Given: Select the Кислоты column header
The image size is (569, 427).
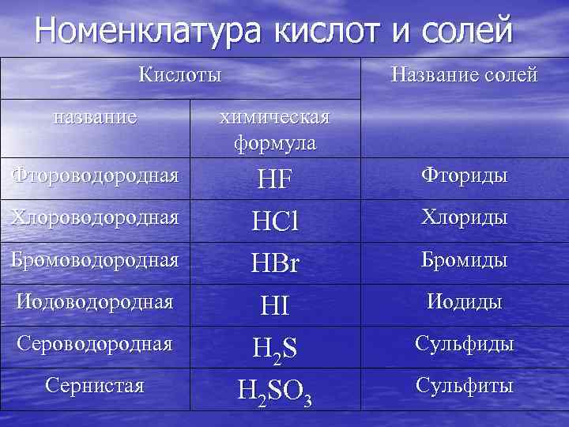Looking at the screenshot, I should (x=179, y=76).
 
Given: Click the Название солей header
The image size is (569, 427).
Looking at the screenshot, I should (x=465, y=76).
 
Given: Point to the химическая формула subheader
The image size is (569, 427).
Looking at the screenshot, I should (x=274, y=130).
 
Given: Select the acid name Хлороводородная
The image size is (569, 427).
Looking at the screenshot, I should (x=95, y=216).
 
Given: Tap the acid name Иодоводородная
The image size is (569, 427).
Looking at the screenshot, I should (x=95, y=301).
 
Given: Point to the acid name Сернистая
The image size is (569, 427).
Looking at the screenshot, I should (x=95, y=386).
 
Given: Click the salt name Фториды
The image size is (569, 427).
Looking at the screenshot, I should (x=465, y=176).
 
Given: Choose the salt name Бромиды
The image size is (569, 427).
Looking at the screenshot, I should (x=465, y=260).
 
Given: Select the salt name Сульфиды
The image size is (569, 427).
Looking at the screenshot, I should (x=465, y=344).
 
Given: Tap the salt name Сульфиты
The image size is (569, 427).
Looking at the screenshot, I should (x=465, y=386).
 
